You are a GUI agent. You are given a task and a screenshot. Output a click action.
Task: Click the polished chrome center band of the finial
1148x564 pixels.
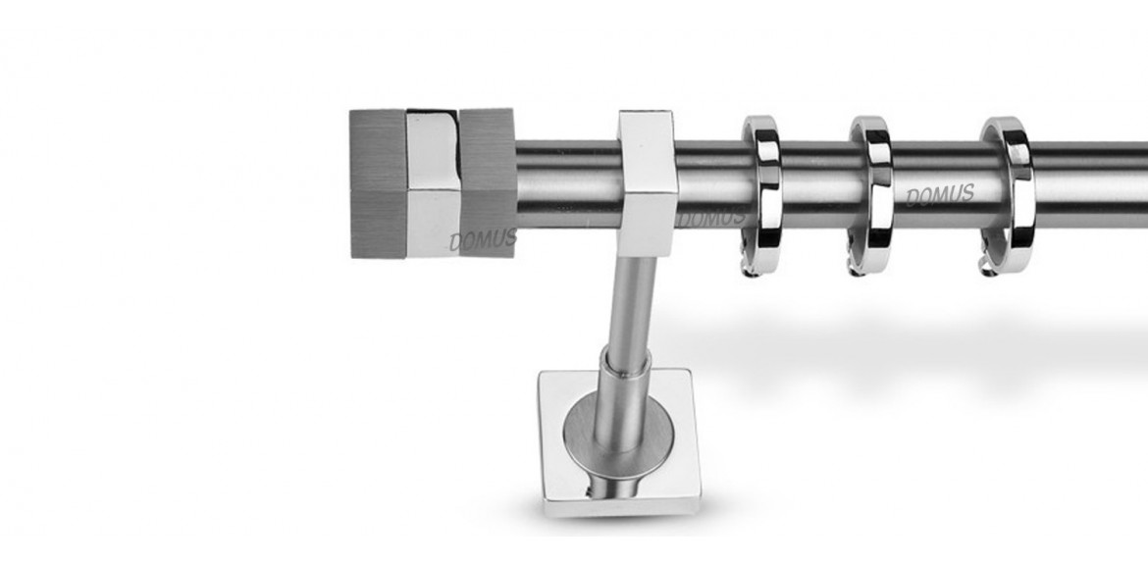tap(432, 184)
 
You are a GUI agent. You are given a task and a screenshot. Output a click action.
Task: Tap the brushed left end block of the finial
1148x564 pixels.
tap(378, 183)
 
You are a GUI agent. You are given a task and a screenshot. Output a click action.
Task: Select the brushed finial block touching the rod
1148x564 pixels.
tap(488, 182)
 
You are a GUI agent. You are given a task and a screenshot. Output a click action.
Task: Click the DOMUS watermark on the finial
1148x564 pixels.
tap(483, 239)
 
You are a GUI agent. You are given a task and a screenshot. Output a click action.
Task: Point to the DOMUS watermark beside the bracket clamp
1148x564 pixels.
tap(712, 217)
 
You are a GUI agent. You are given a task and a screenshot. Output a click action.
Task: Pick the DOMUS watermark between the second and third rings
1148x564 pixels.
tap(940, 195)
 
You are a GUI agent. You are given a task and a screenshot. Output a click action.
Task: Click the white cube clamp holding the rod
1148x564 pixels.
tap(648, 183)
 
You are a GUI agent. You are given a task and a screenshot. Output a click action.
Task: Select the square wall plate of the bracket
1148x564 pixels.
tap(619, 443)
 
